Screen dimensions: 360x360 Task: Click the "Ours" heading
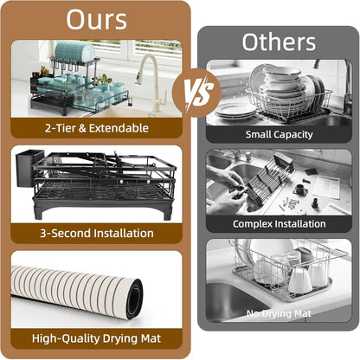(x=97, y=20)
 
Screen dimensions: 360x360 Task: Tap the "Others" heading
(x=279, y=42)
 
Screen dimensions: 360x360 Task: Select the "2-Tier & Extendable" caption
(x=97, y=128)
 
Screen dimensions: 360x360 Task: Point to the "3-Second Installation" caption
(x=97, y=233)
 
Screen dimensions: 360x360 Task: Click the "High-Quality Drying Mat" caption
(x=97, y=338)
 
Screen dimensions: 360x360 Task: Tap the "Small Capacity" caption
(x=279, y=134)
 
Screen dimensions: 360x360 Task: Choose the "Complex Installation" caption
(x=279, y=224)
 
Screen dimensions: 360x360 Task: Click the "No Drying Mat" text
(x=279, y=313)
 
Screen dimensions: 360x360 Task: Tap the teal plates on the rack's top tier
(x=74, y=52)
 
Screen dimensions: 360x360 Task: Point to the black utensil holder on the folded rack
(x=26, y=168)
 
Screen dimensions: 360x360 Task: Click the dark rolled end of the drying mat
(x=134, y=299)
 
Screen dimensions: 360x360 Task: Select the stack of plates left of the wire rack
(x=235, y=111)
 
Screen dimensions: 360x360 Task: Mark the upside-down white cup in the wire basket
(x=300, y=280)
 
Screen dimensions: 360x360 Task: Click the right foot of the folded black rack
(x=167, y=213)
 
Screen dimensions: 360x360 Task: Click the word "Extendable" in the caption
(x=119, y=128)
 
